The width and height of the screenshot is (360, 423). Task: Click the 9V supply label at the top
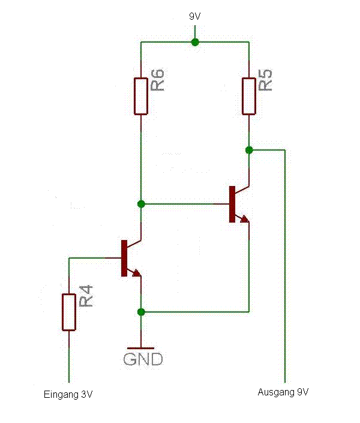coord(194,17)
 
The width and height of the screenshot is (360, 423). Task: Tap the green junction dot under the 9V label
coord(194,42)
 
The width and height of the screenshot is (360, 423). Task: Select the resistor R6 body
coord(140,96)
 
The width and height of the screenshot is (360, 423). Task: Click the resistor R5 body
coord(249,96)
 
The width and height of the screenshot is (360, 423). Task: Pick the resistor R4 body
coord(69,312)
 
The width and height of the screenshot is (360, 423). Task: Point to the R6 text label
coord(158,80)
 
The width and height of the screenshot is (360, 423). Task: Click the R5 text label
coord(266,80)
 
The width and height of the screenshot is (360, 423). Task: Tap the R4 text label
coord(86,296)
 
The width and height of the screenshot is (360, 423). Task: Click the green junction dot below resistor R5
coord(249,149)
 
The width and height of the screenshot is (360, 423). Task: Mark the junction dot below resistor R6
coord(141,204)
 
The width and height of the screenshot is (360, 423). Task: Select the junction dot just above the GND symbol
coord(141,311)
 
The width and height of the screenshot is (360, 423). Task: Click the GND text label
coord(143,359)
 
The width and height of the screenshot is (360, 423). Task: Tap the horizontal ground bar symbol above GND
coord(141,348)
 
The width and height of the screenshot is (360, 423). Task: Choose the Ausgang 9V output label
coord(283,392)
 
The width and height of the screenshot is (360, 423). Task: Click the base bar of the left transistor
coord(124,258)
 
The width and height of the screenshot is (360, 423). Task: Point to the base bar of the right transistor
coord(232,204)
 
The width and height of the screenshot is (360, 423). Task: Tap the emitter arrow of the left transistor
coord(137,273)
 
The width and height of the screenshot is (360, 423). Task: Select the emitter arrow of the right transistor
coord(244,219)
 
